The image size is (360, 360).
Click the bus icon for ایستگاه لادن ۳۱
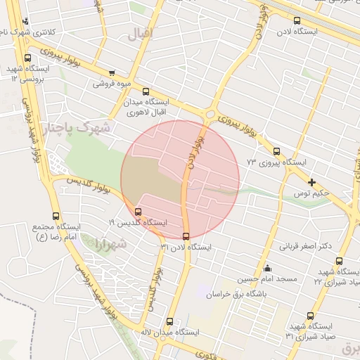click(186, 236)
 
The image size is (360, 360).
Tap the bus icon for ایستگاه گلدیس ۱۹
click(138, 211)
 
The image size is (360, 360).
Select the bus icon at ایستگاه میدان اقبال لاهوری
click(146, 91)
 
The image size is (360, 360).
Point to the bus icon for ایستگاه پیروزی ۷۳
click(276, 151)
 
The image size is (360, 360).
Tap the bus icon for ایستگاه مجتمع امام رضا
click(56, 216)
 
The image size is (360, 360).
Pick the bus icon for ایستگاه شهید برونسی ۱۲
click(27, 58)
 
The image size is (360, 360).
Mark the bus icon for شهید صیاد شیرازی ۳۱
click(311, 316)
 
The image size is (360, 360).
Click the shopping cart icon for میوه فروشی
click(112, 72)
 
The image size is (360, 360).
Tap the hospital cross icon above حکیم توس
click(311, 182)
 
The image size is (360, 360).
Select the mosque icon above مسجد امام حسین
click(267, 269)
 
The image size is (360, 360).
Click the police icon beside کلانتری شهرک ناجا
click(25, 21)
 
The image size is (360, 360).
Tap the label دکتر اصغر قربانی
click(307, 247)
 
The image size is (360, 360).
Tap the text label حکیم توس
click(312, 193)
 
